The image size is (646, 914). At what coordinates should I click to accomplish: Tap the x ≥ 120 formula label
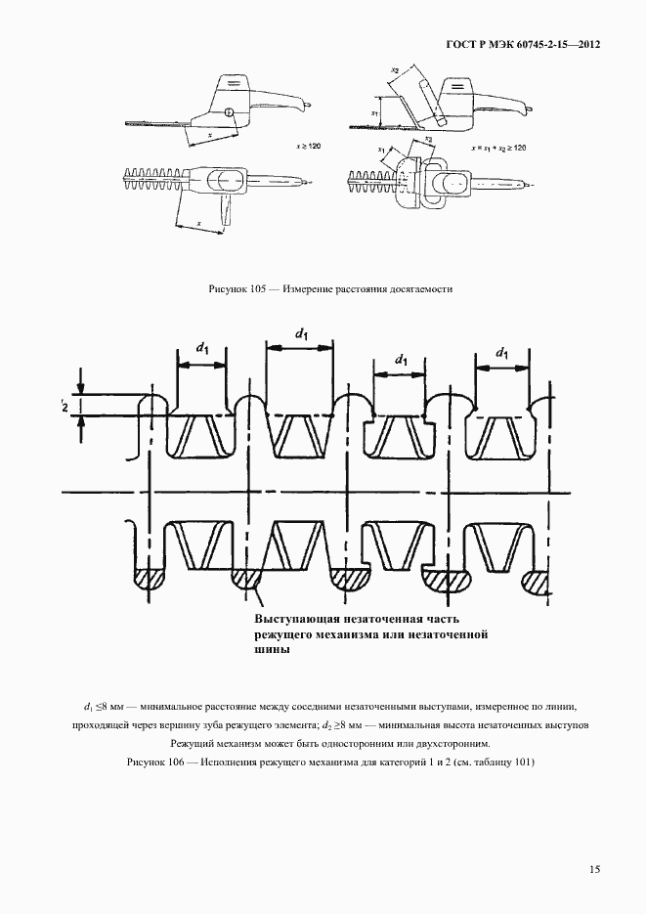tap(308, 144)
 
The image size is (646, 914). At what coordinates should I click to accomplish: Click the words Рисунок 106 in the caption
tap(154, 762)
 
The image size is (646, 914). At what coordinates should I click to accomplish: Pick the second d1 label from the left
tap(302, 333)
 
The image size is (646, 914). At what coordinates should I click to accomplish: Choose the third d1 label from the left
tap(401, 362)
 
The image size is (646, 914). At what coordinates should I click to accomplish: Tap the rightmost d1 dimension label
tap(501, 352)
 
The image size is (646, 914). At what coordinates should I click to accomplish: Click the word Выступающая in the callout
tap(299, 620)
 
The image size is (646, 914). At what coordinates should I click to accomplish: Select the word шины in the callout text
tap(272, 652)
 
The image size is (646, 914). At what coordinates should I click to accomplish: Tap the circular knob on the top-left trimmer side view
tap(229, 112)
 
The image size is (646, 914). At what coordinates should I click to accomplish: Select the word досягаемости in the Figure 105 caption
tap(416, 289)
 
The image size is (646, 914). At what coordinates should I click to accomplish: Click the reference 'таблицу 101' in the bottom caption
tap(502, 762)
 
